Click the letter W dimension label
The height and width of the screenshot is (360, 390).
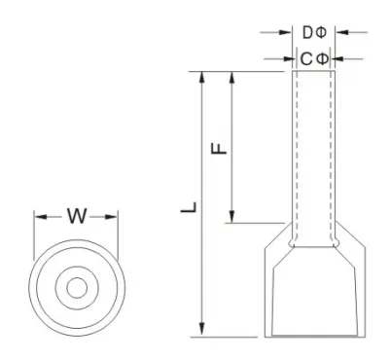(x=77, y=216)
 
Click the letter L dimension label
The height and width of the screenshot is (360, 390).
(x=189, y=207)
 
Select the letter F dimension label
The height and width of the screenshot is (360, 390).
(x=219, y=148)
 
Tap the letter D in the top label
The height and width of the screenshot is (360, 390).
(x=307, y=32)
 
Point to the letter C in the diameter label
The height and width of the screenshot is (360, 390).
(x=306, y=59)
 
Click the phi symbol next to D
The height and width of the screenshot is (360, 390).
(x=321, y=32)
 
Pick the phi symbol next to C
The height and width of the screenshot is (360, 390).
(x=322, y=59)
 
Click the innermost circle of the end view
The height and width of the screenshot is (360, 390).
(x=77, y=277)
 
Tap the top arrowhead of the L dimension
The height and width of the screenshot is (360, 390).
(x=202, y=78)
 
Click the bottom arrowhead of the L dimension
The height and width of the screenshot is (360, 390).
(x=202, y=330)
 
